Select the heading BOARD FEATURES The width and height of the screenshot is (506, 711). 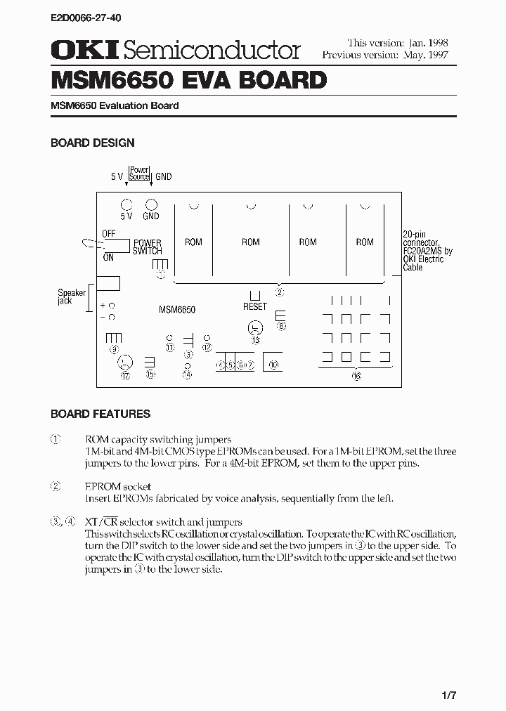[x=100, y=414]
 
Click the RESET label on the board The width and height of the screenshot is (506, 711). [x=255, y=306]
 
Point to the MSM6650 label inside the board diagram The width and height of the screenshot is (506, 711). [x=176, y=309]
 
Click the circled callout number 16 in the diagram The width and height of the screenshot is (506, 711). [x=356, y=376]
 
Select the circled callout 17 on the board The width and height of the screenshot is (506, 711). [x=125, y=375]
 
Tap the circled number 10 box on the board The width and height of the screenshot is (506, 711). [x=273, y=364]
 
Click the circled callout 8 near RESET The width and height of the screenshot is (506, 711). [x=281, y=326]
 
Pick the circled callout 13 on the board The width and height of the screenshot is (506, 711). [x=256, y=339]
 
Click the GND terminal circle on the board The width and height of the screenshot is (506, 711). [x=150, y=204]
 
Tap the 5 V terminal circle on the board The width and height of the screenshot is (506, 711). [x=126, y=204]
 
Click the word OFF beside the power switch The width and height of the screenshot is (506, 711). [x=109, y=233]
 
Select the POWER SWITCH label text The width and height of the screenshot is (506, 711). [x=148, y=247]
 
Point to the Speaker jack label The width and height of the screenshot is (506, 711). [x=71, y=296]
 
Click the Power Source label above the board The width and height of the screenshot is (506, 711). [x=139, y=173]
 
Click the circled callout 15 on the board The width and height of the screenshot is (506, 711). [x=150, y=374]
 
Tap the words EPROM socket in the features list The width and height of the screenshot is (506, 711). [x=118, y=486]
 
